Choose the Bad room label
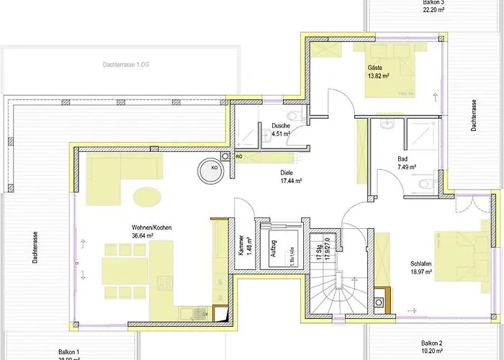(402, 159)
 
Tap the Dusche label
(280, 126)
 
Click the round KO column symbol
(214, 168)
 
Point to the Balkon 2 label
(431, 343)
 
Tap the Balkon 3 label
(433, 3)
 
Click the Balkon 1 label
(70, 351)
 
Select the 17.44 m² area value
(290, 181)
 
